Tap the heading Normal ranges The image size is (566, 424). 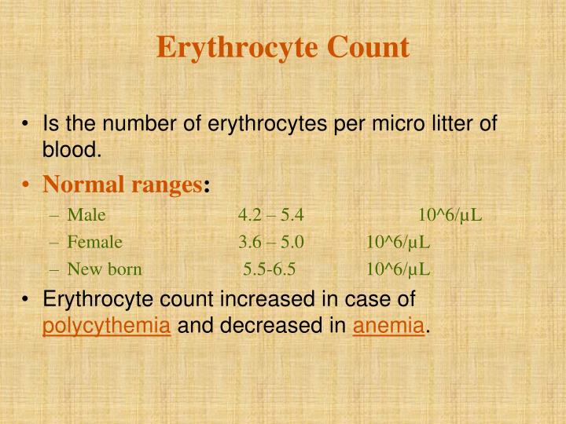click(123, 185)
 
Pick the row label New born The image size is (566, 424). click(105, 270)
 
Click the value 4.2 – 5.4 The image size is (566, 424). click(271, 215)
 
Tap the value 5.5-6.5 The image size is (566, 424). click(270, 270)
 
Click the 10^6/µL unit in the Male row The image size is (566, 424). click(451, 215)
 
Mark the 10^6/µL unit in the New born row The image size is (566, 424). click(398, 270)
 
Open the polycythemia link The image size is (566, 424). click(106, 323)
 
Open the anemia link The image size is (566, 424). click(388, 323)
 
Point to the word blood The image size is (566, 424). click(73, 149)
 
